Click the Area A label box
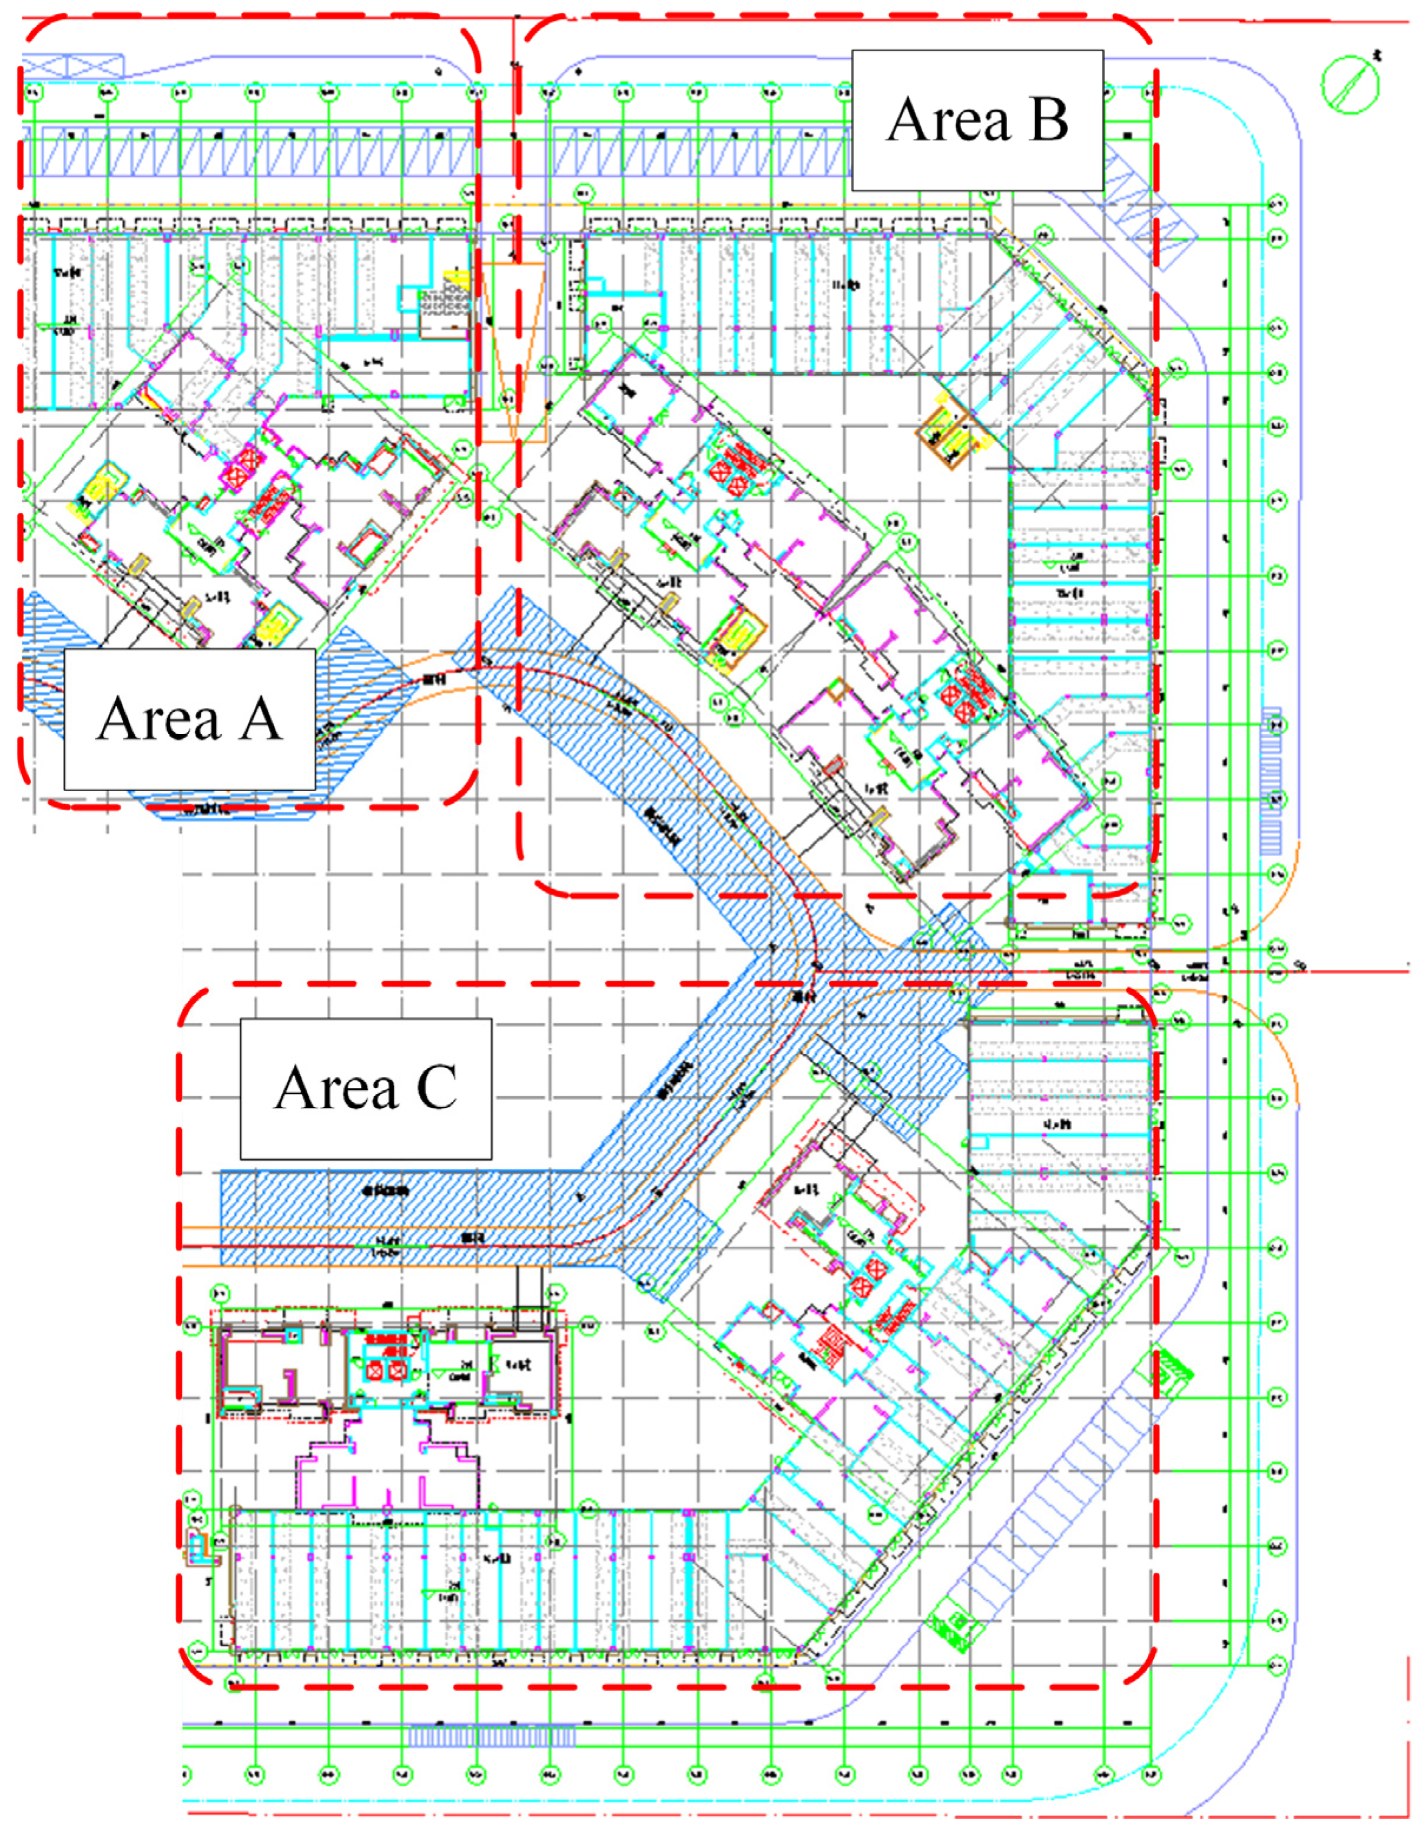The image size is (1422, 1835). coord(190,719)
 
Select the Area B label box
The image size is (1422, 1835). coord(977,120)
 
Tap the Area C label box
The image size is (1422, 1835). coord(366,1089)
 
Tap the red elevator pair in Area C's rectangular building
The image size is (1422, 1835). coord(386,1371)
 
